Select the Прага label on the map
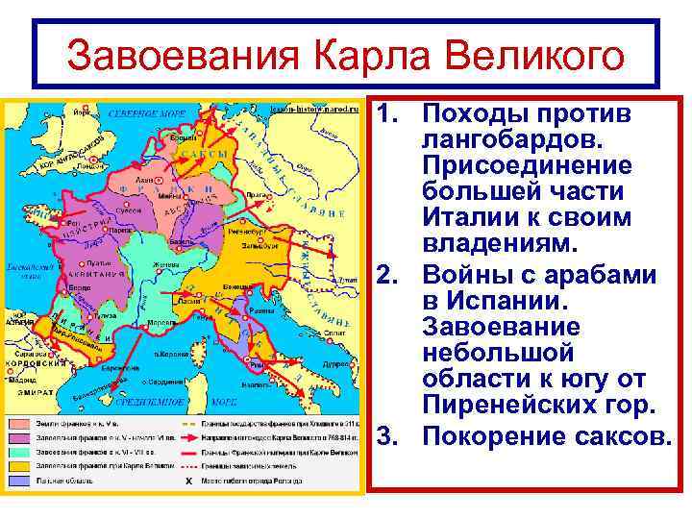tap(256, 194)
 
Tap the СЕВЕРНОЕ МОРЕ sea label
tap(145, 113)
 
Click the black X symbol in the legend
tap(188, 479)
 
